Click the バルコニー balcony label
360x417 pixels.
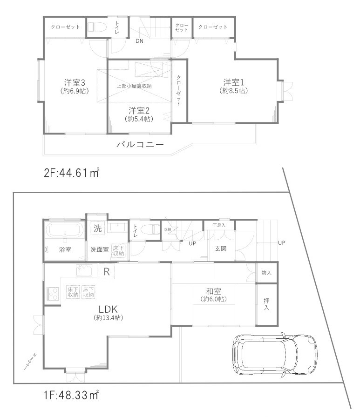pyautogui.click(x=140, y=145)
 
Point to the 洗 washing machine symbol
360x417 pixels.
pyautogui.click(x=97, y=228)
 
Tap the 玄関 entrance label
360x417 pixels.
pyautogui.click(x=221, y=249)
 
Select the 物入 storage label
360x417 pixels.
pyautogui.click(x=266, y=273)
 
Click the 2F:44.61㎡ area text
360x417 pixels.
pyautogui.click(x=71, y=174)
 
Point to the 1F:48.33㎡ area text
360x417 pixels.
pyautogui.click(x=71, y=396)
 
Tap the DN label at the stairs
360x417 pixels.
pyautogui.click(x=139, y=41)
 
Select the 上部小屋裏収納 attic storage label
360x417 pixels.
pyautogui.click(x=134, y=86)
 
